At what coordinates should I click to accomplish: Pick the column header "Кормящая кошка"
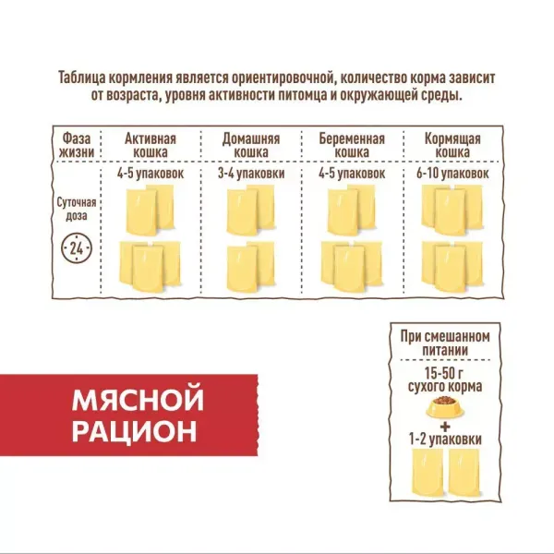click(x=452, y=144)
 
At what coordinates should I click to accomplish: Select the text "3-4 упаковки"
click(x=251, y=173)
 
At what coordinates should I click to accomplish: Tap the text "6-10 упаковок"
click(x=452, y=173)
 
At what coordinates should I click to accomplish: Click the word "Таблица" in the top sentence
click(x=88, y=77)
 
